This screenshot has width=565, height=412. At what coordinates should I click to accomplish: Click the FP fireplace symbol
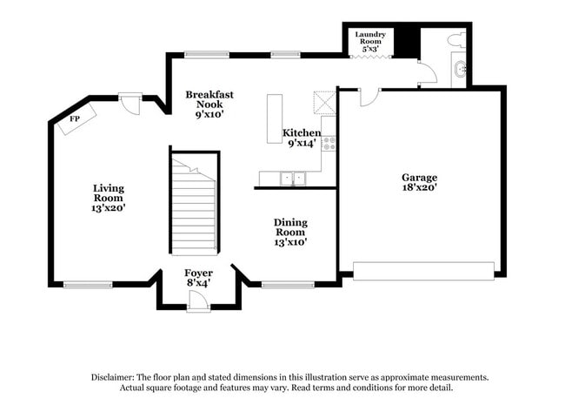pos(77,119)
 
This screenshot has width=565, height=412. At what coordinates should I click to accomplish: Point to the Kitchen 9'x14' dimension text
pos(302,144)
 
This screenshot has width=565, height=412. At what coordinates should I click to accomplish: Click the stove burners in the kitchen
pos(329,144)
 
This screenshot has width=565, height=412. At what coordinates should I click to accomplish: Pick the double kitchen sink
pos(293,179)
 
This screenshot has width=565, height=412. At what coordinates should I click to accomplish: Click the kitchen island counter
pos(275,118)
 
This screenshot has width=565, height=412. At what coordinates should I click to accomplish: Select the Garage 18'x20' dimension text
pos(420,187)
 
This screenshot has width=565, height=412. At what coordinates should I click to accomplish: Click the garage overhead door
pos(423,271)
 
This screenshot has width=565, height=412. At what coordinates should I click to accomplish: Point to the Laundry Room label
pos(370,37)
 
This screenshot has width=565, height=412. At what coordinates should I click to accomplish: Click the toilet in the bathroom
pos(456,39)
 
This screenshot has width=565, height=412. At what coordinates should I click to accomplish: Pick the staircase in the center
pos(195,205)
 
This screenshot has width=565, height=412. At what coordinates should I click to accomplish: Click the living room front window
pos(88,285)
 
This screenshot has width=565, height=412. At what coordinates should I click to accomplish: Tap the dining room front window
pos(288,285)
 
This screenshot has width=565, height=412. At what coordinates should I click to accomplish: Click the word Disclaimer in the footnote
pos(113,378)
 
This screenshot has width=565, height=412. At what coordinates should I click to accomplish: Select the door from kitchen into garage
pos(369,97)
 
